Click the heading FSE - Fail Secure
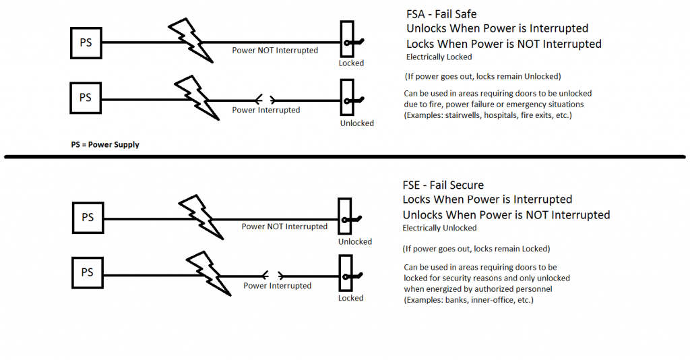(443, 185)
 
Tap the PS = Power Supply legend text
(105, 145)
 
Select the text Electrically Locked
(439, 57)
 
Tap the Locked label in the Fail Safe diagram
(351, 63)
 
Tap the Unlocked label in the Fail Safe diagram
(356, 123)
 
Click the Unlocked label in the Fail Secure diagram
(355, 241)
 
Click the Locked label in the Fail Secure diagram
(350, 298)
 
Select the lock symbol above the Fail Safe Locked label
(348, 42)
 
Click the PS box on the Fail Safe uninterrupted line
(86, 42)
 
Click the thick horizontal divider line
(345, 158)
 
